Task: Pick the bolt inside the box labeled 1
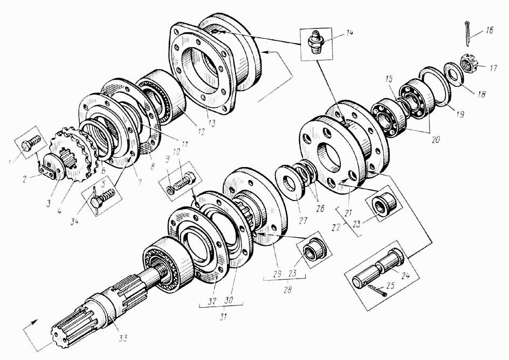[30, 144]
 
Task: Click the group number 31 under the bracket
[222, 316]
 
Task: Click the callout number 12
[202, 131]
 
